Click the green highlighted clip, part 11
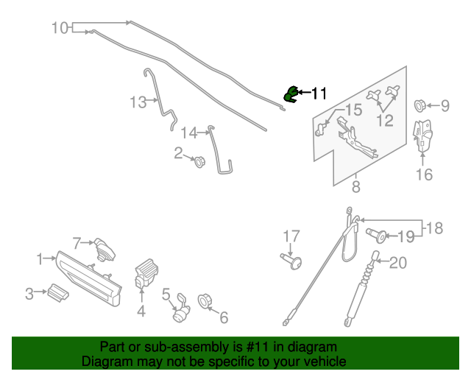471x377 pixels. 291,94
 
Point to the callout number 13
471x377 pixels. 138,102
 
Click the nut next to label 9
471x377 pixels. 422,105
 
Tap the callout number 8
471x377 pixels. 356,187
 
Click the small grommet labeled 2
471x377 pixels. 198,161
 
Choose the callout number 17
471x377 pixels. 292,236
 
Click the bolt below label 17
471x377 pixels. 293,261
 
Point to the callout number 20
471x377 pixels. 397,263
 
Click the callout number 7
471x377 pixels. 76,242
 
